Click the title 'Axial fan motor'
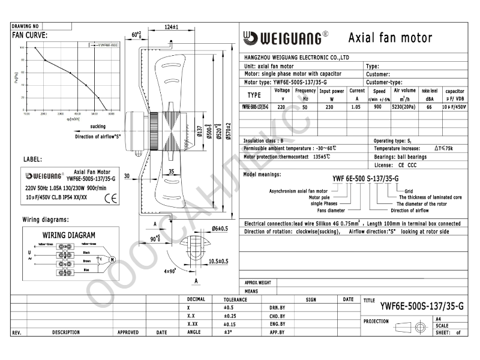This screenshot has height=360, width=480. tap(390, 38)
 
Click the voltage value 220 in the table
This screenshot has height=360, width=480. tap(282, 106)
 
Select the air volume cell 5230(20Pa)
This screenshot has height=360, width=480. tap(403, 106)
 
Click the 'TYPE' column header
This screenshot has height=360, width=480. tap(254, 95)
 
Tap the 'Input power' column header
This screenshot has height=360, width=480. tap(331, 92)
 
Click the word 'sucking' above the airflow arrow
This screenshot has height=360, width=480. tap(98, 127)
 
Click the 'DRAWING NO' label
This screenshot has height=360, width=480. tap(26, 26)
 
